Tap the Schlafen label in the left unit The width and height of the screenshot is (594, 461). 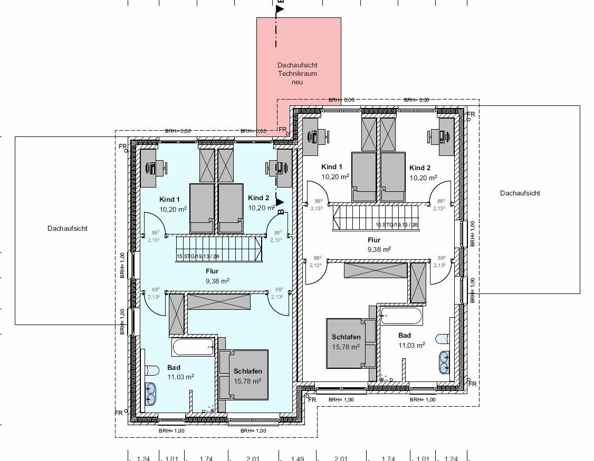point(248,371)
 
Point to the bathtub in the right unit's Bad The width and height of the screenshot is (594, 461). point(401,316)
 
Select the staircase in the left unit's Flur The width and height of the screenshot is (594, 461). point(219,249)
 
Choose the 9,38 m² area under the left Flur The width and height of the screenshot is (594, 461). point(217,281)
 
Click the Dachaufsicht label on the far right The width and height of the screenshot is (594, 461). point(520,193)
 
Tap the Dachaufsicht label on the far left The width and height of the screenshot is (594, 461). point(67,229)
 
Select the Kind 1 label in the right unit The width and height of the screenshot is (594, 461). point(332,167)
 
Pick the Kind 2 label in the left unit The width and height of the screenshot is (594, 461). point(258,198)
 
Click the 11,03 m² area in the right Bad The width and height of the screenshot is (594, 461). point(411,345)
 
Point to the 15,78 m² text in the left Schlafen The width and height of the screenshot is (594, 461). point(248,381)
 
